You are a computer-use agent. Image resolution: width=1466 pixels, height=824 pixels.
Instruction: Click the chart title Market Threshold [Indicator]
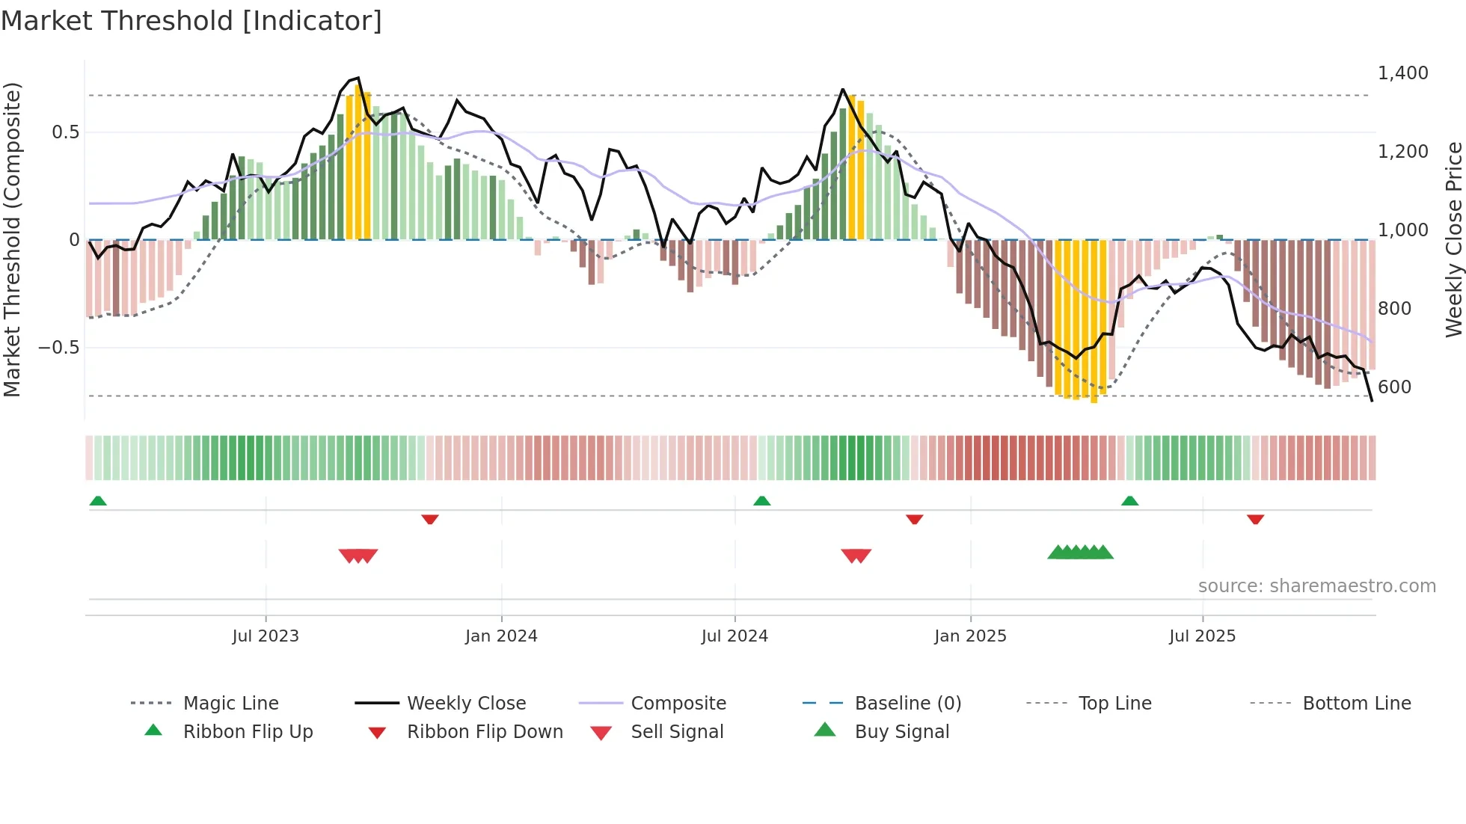point(191,21)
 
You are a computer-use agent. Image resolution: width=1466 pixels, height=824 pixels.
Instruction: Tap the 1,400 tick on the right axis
point(1402,73)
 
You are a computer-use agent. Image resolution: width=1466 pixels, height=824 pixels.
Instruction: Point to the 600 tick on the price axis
point(1394,387)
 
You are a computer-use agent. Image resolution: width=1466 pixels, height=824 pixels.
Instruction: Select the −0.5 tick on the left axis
point(58,348)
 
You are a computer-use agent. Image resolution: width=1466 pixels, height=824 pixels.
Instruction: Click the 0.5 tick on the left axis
point(65,132)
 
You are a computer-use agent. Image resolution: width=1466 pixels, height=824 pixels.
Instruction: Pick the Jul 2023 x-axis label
point(266,636)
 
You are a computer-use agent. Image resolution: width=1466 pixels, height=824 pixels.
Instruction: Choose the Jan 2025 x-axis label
point(970,636)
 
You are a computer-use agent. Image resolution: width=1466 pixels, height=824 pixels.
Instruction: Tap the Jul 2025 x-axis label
point(1202,636)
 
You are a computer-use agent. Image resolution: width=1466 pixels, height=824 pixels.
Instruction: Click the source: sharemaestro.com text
point(1316,586)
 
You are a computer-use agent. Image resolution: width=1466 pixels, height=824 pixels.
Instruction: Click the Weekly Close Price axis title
point(1453,239)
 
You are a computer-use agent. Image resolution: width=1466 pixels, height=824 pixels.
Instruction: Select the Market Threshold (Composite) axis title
point(12,239)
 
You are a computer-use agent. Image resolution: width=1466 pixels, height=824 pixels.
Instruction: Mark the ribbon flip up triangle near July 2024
point(761,501)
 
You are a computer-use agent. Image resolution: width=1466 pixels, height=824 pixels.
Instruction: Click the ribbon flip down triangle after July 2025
point(1255,519)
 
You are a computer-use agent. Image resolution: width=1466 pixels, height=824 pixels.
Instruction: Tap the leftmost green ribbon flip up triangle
point(98,501)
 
